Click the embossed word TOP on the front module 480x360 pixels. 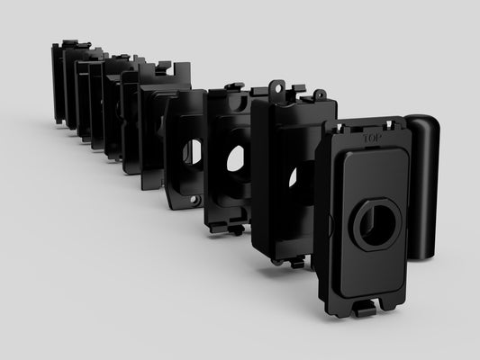[371, 139]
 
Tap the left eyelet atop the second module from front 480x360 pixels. [278, 89]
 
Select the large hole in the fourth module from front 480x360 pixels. [193, 152]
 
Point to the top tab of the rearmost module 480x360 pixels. [68, 43]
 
